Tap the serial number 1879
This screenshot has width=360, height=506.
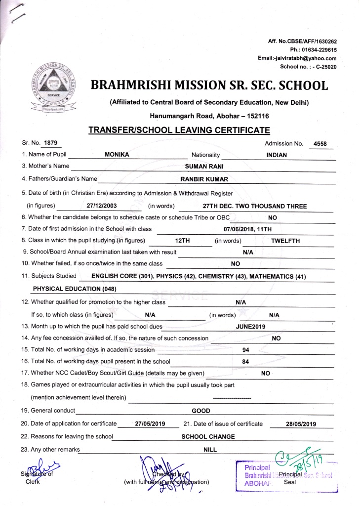tap(50, 143)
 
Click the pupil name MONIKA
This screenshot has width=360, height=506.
tap(117, 155)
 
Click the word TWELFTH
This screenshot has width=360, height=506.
tap(285, 241)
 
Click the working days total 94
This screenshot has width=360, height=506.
tap(245, 350)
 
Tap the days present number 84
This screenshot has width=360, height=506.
tap(245, 361)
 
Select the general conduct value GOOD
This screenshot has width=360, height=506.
tap(201, 411)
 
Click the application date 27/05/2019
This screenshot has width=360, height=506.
tap(150, 423)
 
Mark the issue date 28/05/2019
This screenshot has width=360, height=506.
tap(301, 424)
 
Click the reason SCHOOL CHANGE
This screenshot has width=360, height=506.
tap(208, 436)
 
